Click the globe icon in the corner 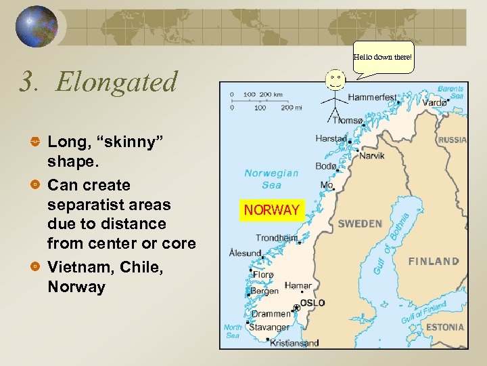pos(37,27)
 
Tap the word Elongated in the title pos(116,82)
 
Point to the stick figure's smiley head pos(335,79)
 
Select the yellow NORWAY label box pos(272,210)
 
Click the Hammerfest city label pos(372,98)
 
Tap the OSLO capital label pos(312,303)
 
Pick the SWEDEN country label pos(360,224)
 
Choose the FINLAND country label pos(434,261)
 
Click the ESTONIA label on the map pos(444,327)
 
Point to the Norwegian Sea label pos(271,179)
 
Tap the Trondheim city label pos(276,238)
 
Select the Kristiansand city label pos(294,343)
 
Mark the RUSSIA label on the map pos(453,140)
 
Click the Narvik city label pos(371,155)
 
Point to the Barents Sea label pos(450,92)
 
